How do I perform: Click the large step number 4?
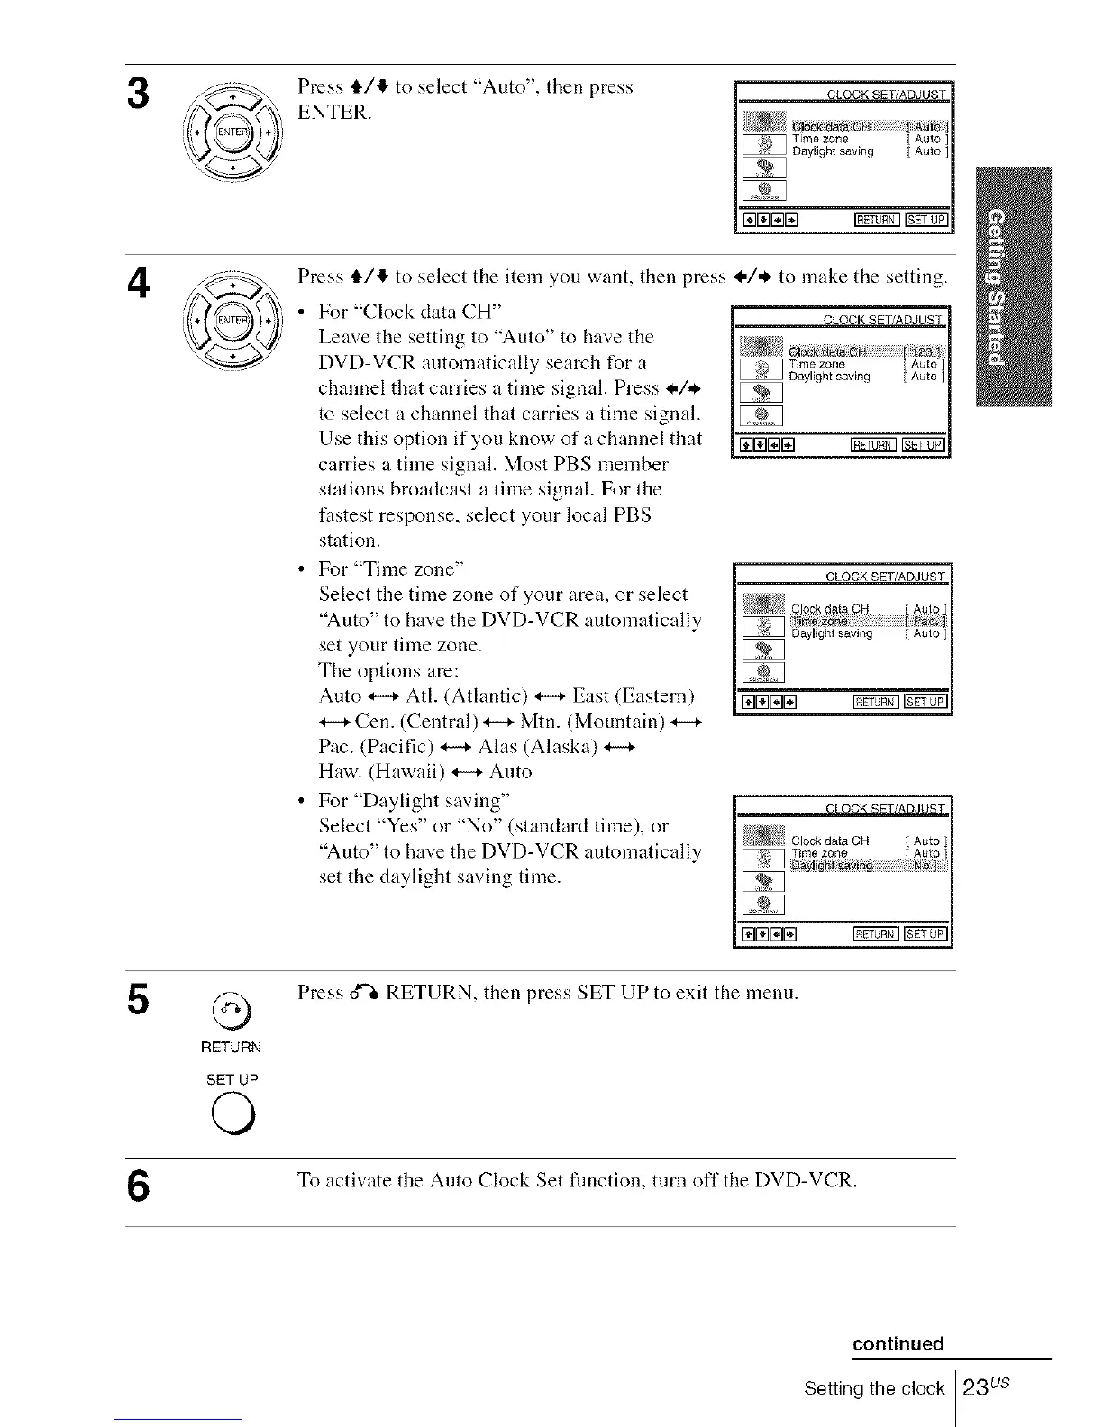click(138, 284)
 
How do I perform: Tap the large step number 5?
click(138, 998)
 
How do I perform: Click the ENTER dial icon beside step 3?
click(232, 132)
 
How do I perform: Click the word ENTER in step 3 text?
click(333, 114)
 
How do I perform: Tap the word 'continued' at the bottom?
click(898, 1344)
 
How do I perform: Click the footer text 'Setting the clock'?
click(873, 1389)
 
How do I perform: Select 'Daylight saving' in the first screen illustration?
click(833, 151)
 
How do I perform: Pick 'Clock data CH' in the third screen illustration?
click(829, 610)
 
